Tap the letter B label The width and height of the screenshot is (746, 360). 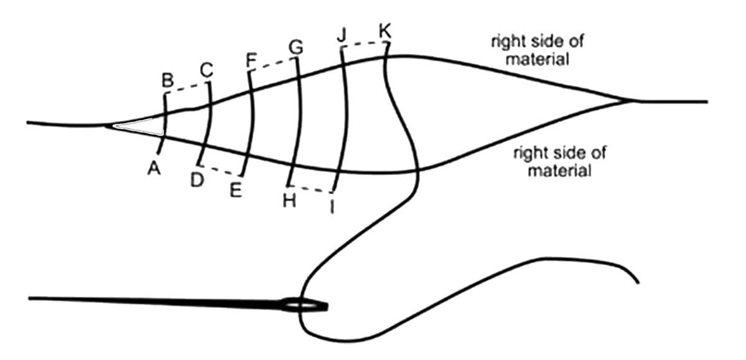click(x=167, y=80)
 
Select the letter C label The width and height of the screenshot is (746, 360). click(x=206, y=72)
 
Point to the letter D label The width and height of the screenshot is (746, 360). click(x=197, y=180)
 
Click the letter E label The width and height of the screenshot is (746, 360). click(x=235, y=190)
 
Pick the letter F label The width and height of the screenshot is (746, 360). click(x=251, y=60)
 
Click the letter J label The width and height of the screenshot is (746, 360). click(x=342, y=35)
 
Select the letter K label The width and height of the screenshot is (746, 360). click(x=385, y=30)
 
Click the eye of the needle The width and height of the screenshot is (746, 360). click(x=305, y=306)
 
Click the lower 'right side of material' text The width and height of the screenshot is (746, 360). click(x=559, y=161)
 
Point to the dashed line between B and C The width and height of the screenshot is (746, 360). click(x=188, y=89)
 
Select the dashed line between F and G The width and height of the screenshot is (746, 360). click(x=273, y=65)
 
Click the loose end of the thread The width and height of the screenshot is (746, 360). click(x=636, y=281)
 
